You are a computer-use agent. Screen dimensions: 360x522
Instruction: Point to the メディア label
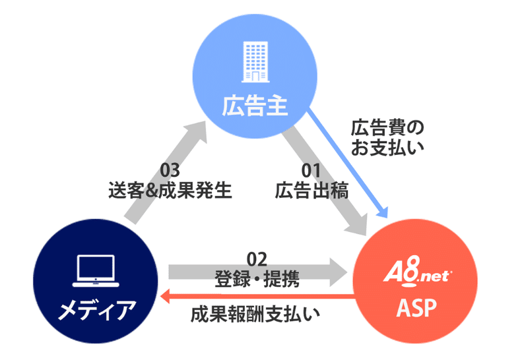96,308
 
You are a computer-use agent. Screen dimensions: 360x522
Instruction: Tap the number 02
257,258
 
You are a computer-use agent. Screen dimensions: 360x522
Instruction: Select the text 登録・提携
257,278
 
